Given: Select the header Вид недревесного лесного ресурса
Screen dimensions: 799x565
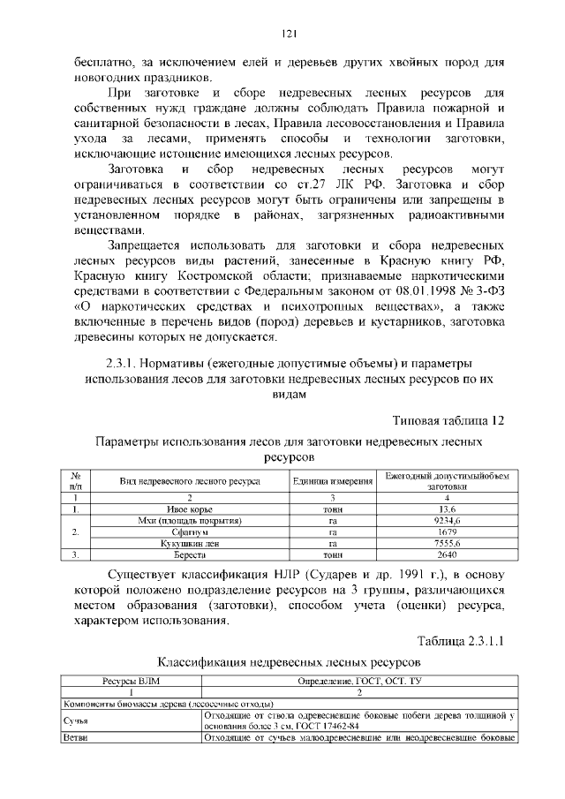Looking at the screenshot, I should (189, 481).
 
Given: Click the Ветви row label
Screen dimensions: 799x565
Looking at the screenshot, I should (72, 737).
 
